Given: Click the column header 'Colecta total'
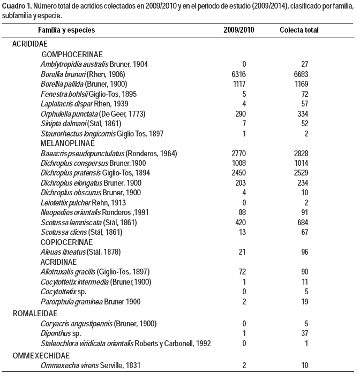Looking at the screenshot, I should (299, 30).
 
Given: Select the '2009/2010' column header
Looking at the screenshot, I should (239, 30).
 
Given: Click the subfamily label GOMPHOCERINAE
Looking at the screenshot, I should (72, 55).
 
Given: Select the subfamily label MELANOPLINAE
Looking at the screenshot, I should (67, 144).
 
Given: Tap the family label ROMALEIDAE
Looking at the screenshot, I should (33, 314).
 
